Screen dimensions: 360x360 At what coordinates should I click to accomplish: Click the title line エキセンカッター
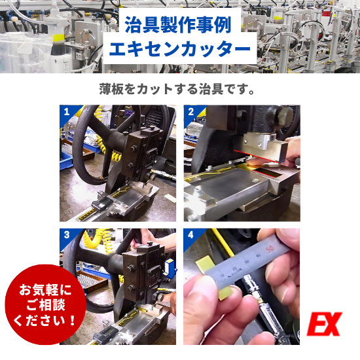click(180, 50)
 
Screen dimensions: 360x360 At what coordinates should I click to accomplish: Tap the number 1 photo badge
click(65, 111)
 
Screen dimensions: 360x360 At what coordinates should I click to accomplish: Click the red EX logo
click(325, 325)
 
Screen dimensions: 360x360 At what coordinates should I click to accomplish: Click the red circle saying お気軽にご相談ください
click(43, 304)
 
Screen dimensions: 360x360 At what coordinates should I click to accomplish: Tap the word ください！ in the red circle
click(43, 321)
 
